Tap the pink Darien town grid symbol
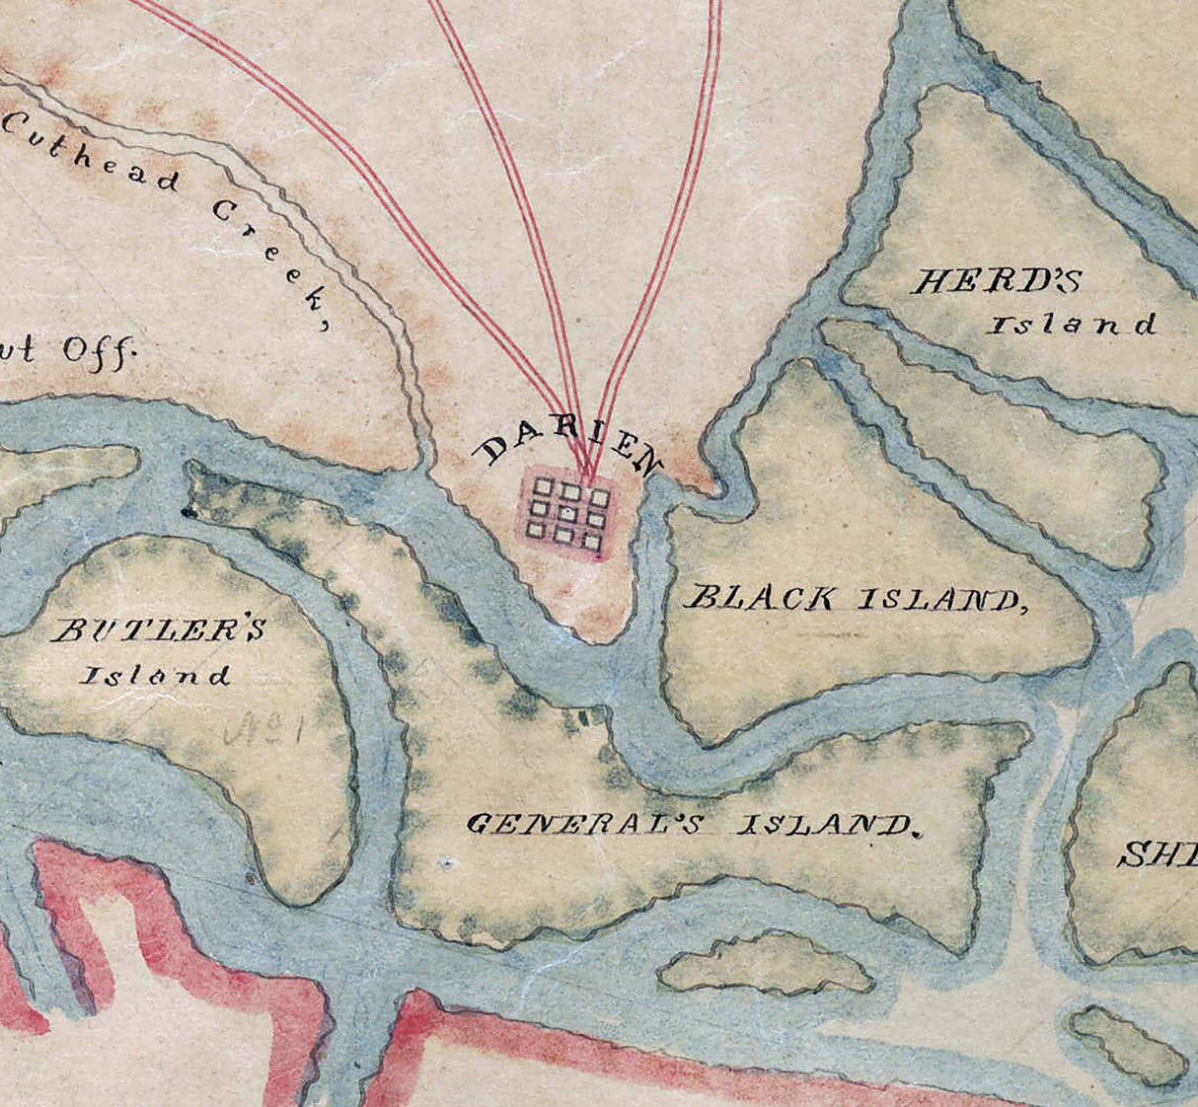tap(567, 514)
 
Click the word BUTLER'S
tap(159, 630)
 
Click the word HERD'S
tap(996, 282)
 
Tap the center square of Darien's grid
tap(568, 514)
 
